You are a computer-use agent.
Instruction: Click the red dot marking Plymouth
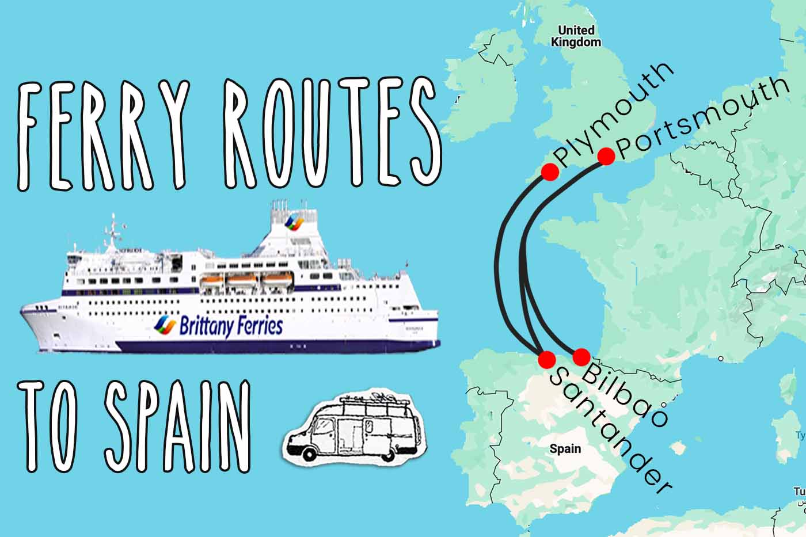coord(550,171)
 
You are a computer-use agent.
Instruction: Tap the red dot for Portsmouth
coord(606,156)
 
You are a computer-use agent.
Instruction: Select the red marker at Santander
coord(546,359)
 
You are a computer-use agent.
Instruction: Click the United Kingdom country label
coord(576,36)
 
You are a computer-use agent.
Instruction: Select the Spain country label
coord(565,448)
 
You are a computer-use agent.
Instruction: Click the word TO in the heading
coord(55,426)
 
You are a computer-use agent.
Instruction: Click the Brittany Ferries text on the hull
coord(230,326)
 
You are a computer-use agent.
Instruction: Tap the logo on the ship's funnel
coord(295,222)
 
